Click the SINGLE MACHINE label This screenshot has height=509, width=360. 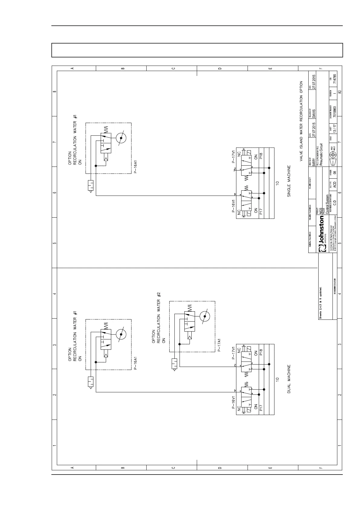tap(289, 181)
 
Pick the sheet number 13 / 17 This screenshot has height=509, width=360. tap(335, 128)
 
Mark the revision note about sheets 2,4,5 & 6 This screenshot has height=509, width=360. tap(321, 303)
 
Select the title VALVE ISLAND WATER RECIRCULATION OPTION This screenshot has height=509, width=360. tap(301, 121)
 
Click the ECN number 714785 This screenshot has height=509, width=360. tap(335, 78)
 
